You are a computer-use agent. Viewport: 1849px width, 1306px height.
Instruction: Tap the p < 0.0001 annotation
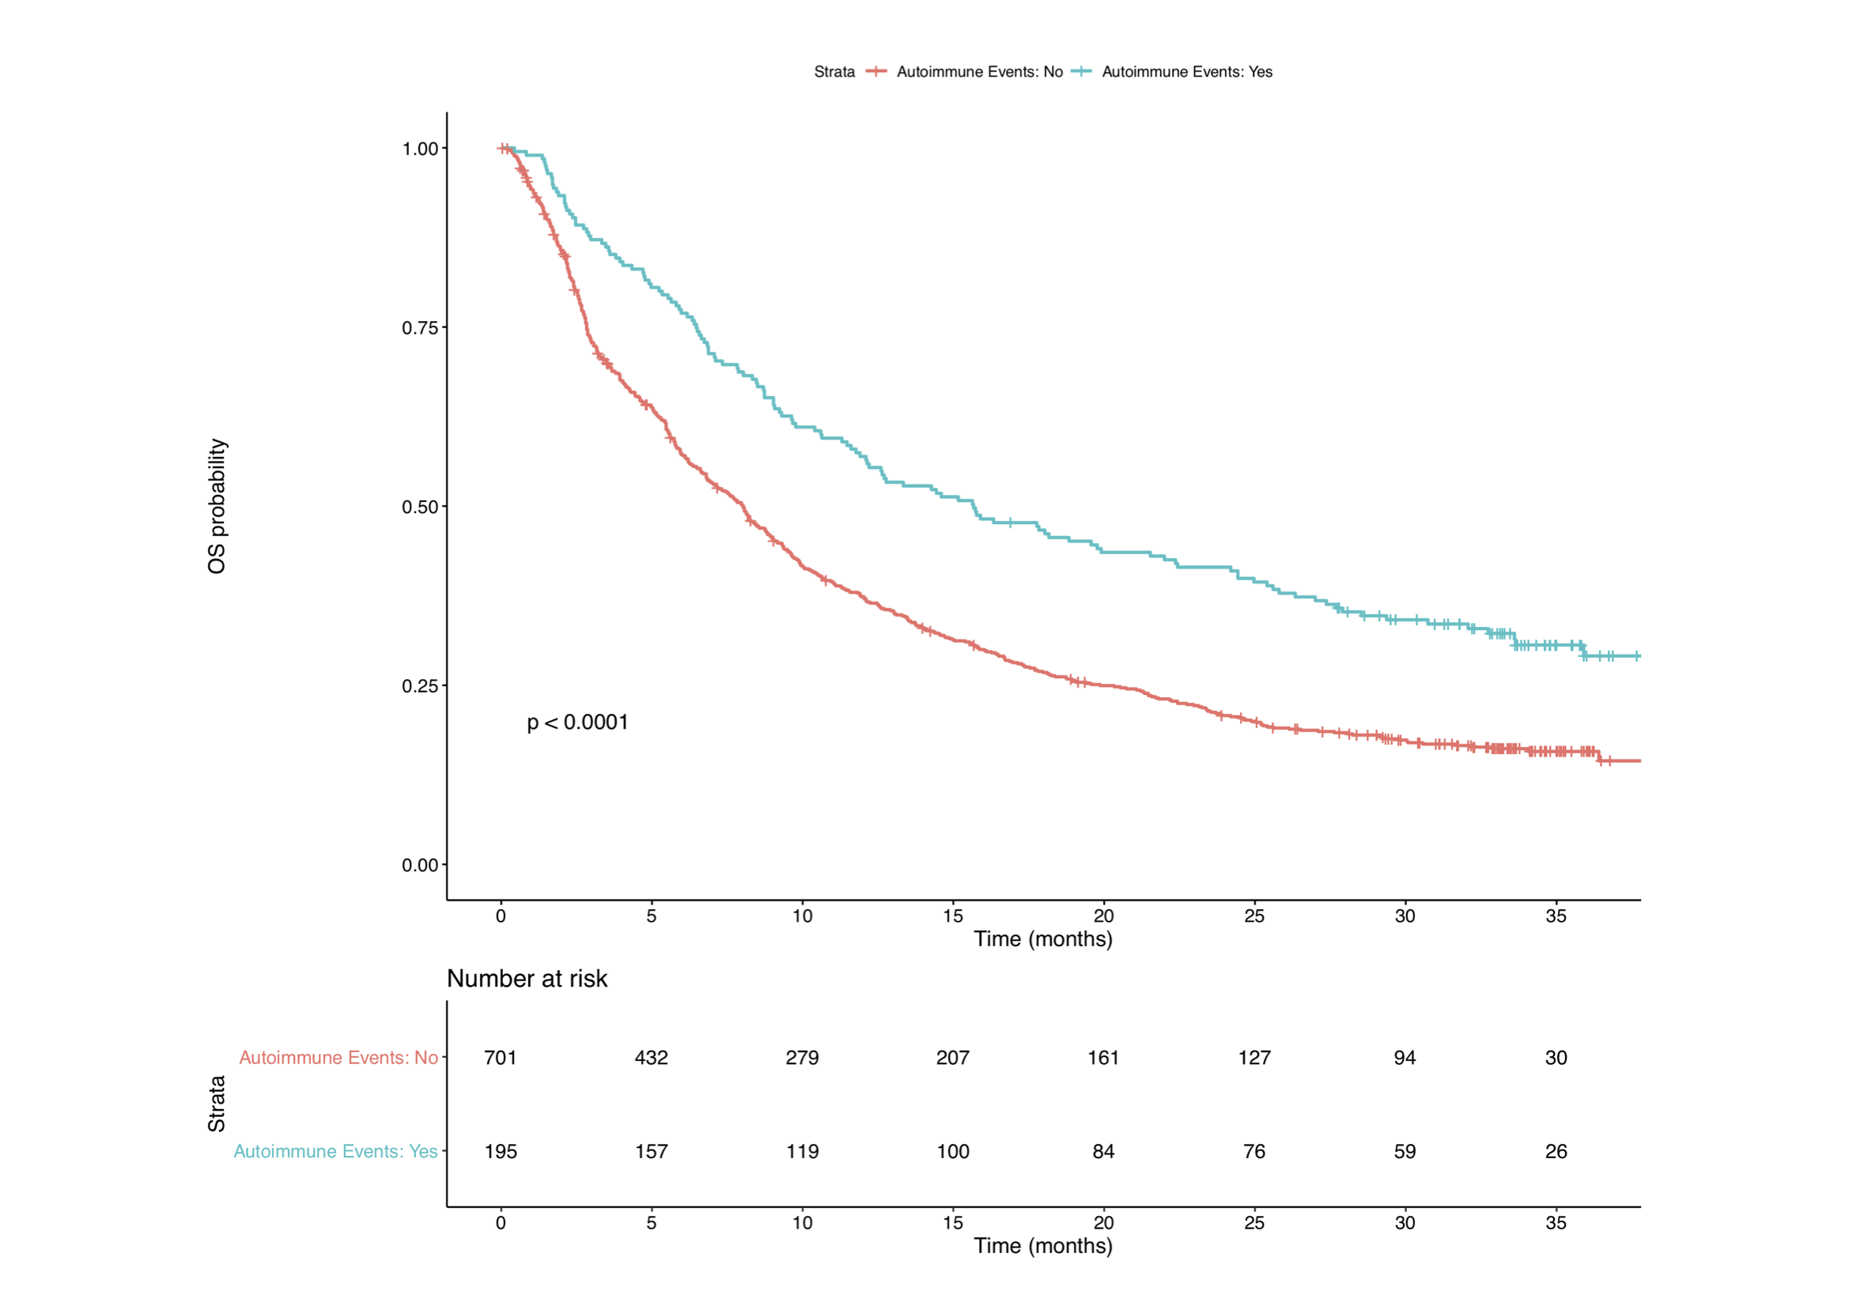tap(577, 723)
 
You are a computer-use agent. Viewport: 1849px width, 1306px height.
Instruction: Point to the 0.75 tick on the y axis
tap(421, 328)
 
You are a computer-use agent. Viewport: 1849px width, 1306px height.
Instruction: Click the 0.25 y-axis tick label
tap(421, 686)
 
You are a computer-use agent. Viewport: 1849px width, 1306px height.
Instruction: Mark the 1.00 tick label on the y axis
tap(421, 149)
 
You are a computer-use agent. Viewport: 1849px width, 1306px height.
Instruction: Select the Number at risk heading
tap(527, 978)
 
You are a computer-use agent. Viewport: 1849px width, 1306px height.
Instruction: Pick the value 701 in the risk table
tap(500, 1057)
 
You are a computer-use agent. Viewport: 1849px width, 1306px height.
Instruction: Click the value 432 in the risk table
tap(651, 1057)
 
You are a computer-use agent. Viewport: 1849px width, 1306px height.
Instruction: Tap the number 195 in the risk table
tap(500, 1151)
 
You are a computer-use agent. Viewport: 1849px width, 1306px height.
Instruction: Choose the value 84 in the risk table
tap(1103, 1151)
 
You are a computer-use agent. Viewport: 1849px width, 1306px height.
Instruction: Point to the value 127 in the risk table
tap(1253, 1057)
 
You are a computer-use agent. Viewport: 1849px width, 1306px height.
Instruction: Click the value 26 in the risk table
tap(1556, 1151)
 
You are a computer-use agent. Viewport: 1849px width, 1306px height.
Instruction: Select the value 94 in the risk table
tap(1405, 1057)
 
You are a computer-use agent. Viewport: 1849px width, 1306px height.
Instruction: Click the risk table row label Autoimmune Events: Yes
tap(336, 1151)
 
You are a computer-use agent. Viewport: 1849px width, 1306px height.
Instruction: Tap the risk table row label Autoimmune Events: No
tap(338, 1057)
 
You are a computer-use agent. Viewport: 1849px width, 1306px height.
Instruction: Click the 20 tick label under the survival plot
tap(1103, 916)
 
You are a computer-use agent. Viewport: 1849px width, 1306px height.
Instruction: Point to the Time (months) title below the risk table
tap(1043, 1246)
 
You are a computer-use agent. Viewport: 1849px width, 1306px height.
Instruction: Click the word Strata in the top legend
tap(834, 72)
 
